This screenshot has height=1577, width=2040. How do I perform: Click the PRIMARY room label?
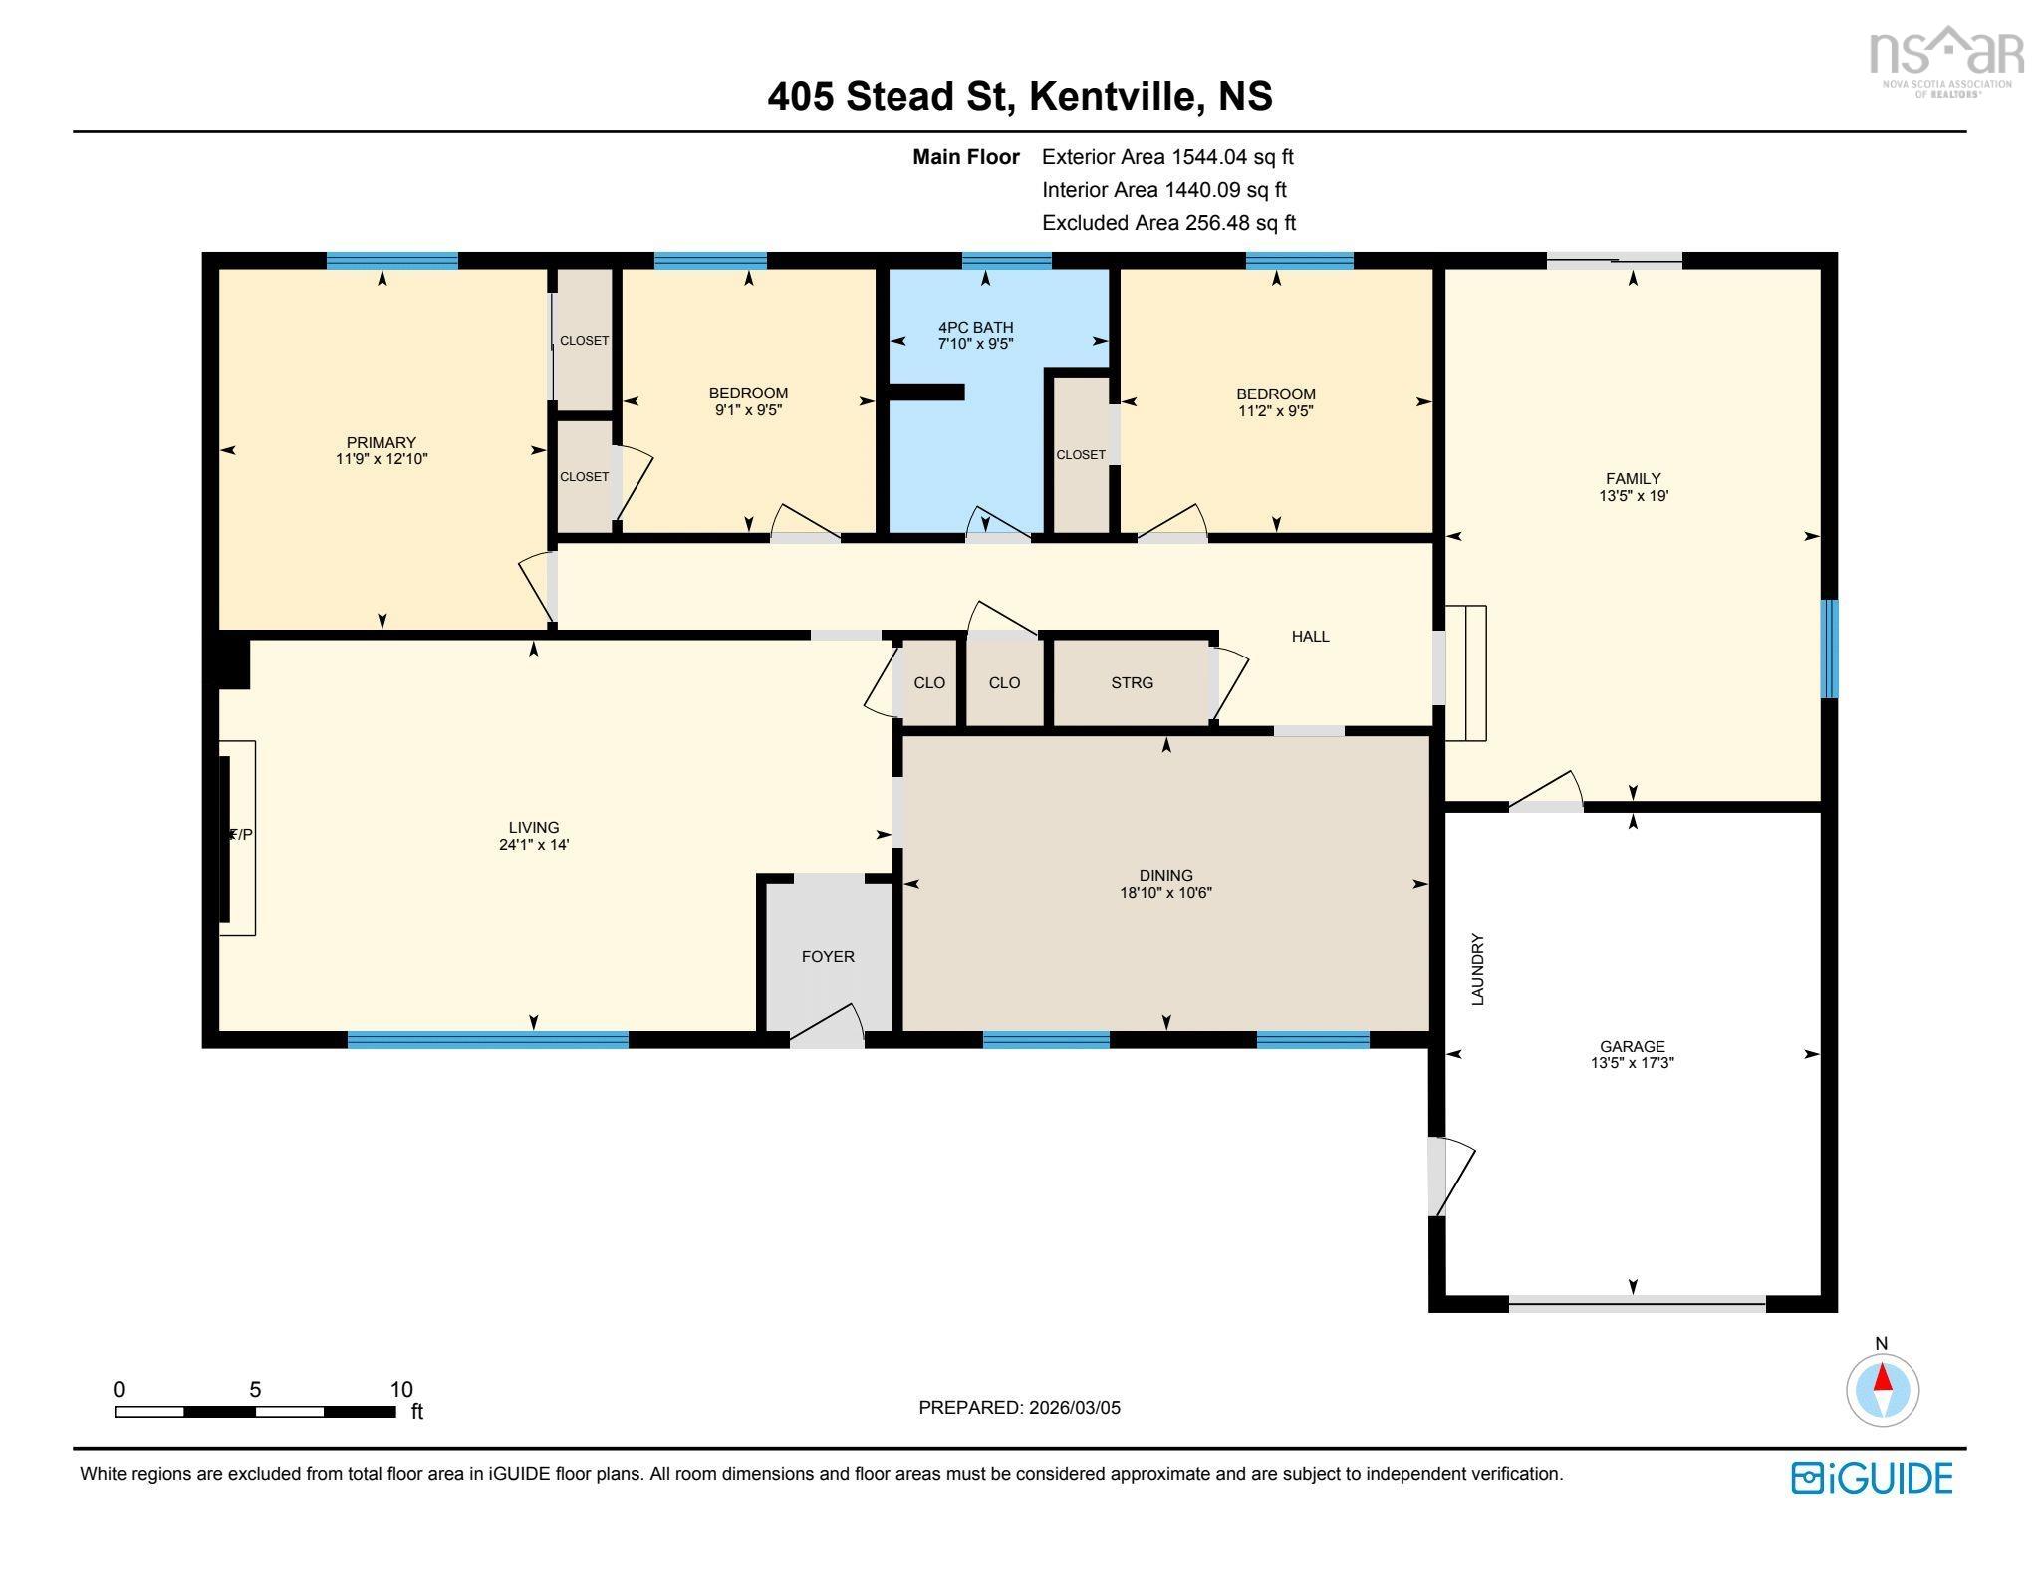coord(381,442)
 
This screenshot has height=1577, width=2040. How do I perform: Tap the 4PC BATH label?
coord(975,327)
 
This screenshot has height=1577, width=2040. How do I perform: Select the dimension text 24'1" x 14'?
coord(534,844)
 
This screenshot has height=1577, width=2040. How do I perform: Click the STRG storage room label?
coord(1132,682)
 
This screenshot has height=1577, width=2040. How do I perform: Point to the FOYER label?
coord(828,956)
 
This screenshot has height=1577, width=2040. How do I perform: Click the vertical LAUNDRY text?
coord(1478,969)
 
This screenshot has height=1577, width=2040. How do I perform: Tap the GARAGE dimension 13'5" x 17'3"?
coord(1632,1063)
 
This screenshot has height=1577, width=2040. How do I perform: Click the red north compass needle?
coord(1883,1378)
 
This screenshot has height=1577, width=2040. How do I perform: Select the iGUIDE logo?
coord(1872,1478)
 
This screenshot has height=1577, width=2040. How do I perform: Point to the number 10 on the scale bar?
coord(400,1389)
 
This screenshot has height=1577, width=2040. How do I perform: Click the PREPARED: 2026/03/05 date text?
coord(1019,1407)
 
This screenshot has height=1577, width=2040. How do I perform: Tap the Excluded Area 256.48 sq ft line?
coord(1168,223)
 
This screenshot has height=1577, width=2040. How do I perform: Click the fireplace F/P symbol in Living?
coord(240,835)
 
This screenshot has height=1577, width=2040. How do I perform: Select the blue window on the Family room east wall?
coord(1829,649)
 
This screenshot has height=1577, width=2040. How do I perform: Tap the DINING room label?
coord(1165,875)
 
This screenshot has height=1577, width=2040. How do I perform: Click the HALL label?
coord(1310,636)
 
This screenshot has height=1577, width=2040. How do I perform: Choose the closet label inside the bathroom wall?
coord(1080,454)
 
